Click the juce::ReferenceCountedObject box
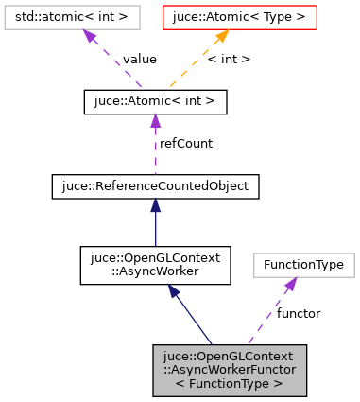point(155,186)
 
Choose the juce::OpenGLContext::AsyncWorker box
point(155,265)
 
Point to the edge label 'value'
point(140,59)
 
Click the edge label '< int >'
point(229,59)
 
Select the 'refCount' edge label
point(186,143)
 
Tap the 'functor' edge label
point(299,312)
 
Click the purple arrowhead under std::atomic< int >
point(90,36)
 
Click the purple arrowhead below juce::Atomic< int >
point(155,119)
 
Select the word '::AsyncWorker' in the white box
point(155,271)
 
